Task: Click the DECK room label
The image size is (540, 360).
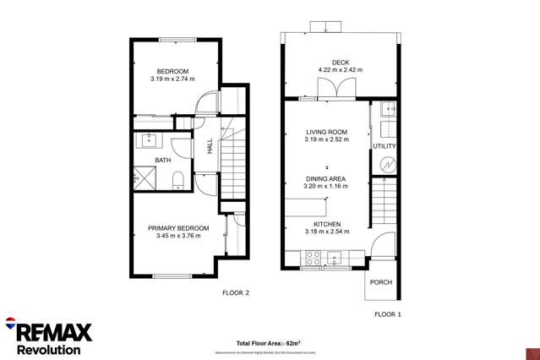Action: [340, 62]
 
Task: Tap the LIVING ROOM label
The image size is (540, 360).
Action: [326, 132]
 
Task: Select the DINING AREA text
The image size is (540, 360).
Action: [326, 179]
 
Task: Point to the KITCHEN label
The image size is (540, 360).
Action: [326, 223]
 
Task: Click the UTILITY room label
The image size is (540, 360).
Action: [385, 146]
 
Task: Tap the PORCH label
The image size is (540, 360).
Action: [381, 282]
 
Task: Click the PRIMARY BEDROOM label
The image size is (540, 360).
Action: [178, 228]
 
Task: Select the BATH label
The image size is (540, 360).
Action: [162, 160]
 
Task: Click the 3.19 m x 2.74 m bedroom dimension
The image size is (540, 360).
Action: [172, 79]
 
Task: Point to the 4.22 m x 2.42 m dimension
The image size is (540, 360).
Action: [340, 69]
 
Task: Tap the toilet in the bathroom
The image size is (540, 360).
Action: [177, 177]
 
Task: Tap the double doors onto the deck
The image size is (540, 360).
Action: [327, 89]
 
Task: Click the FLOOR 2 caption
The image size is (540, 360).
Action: [236, 293]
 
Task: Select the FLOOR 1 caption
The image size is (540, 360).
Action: [388, 314]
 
